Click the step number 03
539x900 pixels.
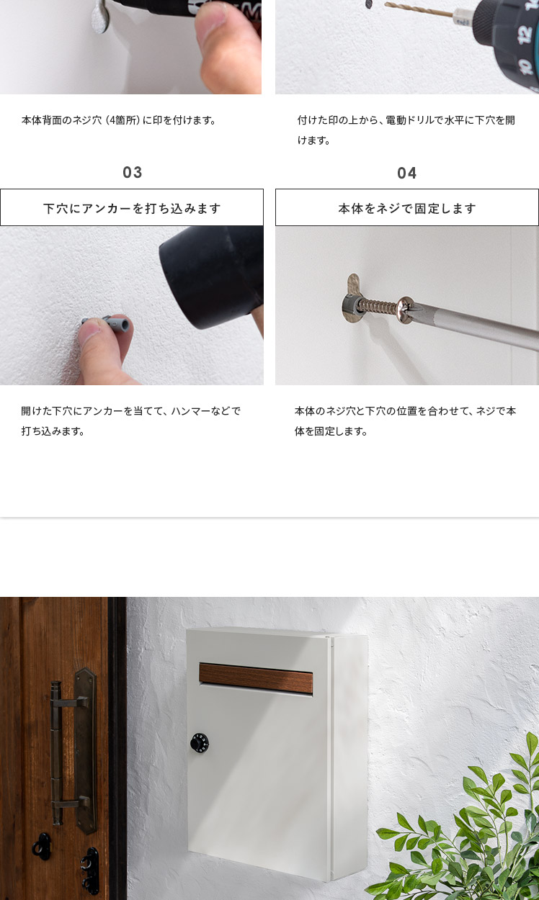tap(133, 172)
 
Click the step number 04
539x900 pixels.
tap(406, 174)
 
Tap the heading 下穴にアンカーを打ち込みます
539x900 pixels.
tap(132, 209)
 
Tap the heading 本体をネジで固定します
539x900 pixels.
tap(407, 209)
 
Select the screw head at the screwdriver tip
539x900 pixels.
tap(406, 310)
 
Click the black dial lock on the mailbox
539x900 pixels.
tap(200, 742)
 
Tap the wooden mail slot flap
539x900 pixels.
tap(256, 678)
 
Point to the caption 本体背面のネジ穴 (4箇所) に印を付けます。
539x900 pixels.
tap(120, 120)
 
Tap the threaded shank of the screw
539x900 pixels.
tap(378, 307)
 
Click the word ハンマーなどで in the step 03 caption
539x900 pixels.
tap(206, 411)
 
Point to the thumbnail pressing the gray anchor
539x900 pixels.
tap(91, 328)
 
